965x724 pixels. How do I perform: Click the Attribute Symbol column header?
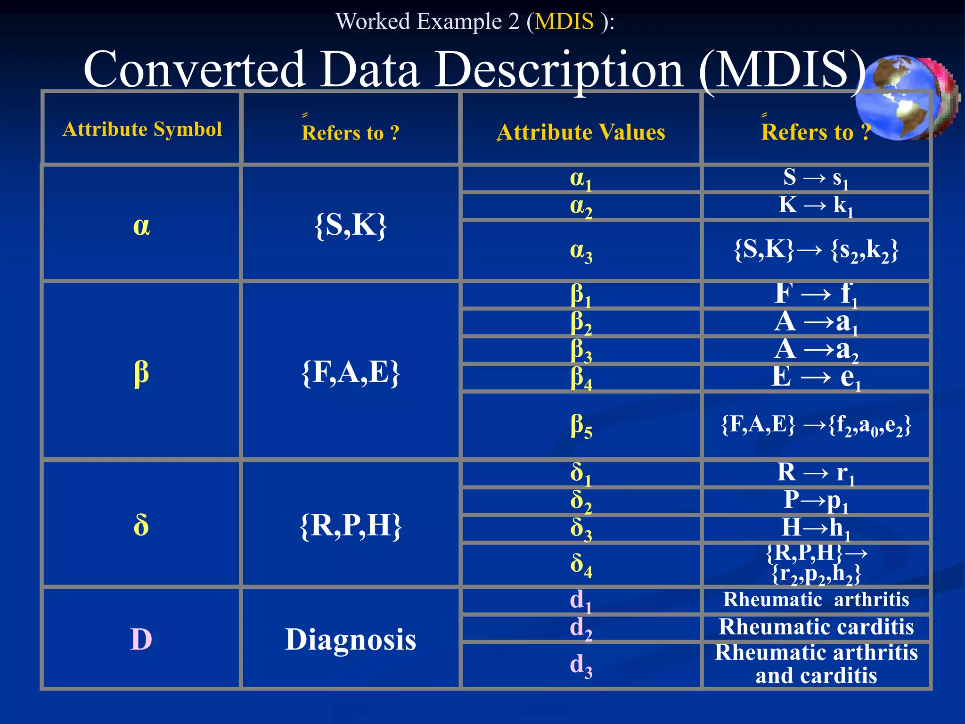[142, 129]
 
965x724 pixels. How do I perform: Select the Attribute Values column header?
[581, 132]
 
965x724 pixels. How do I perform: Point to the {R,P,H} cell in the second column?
[351, 525]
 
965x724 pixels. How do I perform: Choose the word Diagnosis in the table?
[351, 640]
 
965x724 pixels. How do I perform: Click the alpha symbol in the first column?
[141, 226]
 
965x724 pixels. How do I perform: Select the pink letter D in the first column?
[141, 640]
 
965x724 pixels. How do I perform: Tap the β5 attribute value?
[581, 426]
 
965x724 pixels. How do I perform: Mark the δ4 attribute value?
[581, 564]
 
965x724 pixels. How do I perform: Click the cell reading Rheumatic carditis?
[816, 627]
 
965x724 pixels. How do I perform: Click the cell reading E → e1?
[816, 378]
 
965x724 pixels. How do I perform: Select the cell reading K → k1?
[816, 206]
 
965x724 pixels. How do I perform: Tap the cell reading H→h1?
[816, 528]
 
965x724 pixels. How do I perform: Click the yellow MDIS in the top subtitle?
[564, 21]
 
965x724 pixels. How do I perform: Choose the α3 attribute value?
[581, 251]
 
